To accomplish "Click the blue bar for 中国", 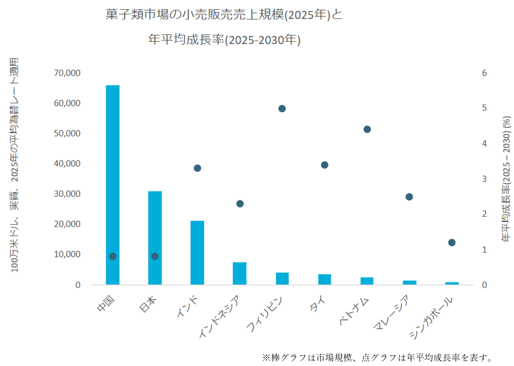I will (x=113, y=184).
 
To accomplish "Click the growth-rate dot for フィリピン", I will (x=282, y=108).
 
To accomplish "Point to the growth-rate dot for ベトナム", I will (x=367, y=129).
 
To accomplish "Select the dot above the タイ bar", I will (x=325, y=165).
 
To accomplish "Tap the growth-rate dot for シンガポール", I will (x=452, y=243).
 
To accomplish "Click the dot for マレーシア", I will (x=409, y=196).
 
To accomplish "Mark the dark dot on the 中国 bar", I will (x=113, y=256).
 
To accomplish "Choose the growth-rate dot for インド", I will (x=197, y=168).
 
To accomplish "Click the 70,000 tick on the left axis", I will (x=66, y=73).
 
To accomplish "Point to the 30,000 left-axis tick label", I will (x=66, y=194).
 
